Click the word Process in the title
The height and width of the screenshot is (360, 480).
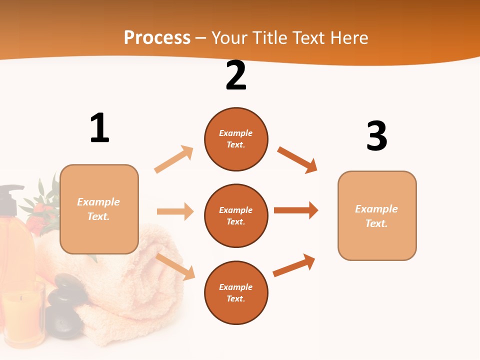(157, 37)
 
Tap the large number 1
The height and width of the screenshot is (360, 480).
(99, 128)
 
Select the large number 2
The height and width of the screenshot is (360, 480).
(236, 75)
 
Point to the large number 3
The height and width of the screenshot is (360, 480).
(376, 136)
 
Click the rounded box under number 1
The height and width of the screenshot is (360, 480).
(99, 209)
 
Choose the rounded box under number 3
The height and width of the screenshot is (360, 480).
(377, 215)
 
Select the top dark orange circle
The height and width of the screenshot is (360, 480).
(236, 139)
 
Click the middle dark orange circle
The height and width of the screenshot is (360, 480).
(236, 216)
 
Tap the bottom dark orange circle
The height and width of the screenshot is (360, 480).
(236, 293)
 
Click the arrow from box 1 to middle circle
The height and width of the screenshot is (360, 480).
(175, 211)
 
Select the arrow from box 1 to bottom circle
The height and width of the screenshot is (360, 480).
(175, 266)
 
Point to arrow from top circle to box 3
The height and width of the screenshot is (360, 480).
(297, 159)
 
